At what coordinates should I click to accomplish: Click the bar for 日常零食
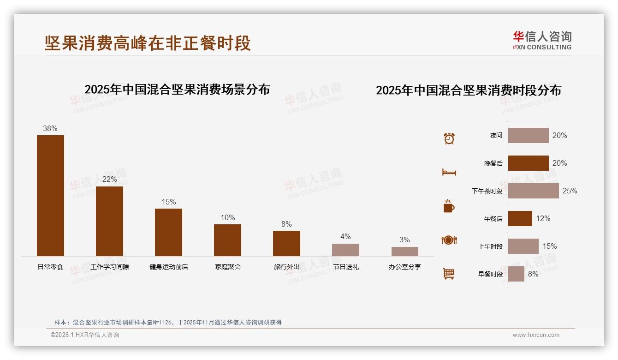pyautogui.click(x=50, y=195)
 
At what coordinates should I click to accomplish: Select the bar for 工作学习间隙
pyautogui.click(x=109, y=221)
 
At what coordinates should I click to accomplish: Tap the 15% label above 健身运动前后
pyautogui.click(x=169, y=202)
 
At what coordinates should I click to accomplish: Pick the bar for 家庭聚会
pyautogui.click(x=227, y=240)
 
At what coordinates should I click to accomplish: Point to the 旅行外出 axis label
pyautogui.click(x=286, y=267)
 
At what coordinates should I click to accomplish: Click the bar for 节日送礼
pyautogui.click(x=345, y=250)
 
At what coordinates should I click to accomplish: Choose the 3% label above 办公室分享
pyautogui.click(x=404, y=240)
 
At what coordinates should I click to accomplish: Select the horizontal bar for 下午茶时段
pyautogui.click(x=533, y=191)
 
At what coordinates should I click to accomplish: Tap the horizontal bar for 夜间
pyautogui.click(x=528, y=135)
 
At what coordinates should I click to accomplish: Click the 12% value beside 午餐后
pyautogui.click(x=543, y=218)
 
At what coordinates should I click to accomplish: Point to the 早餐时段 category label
pyautogui.click(x=490, y=274)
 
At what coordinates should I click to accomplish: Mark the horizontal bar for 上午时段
pyautogui.click(x=523, y=246)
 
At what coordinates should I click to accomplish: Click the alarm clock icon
pyautogui.click(x=449, y=138)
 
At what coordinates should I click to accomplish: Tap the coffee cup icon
pyautogui.click(x=449, y=206)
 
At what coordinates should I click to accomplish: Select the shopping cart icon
pyautogui.click(x=449, y=274)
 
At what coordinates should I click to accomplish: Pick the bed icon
pyautogui.click(x=449, y=172)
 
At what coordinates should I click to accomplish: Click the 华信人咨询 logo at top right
pyautogui.click(x=542, y=40)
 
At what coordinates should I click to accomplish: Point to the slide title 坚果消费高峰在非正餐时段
pyautogui.click(x=148, y=43)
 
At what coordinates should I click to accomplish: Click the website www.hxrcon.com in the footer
pyautogui.click(x=536, y=335)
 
